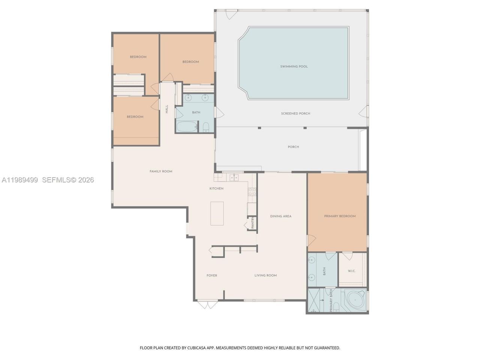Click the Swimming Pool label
coord(294,66)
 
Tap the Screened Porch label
coord(295,114)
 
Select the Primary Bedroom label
coord(340,216)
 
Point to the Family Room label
coord(161,171)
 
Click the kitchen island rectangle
coord(217,213)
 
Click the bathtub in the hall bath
coord(186,127)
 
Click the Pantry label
coord(253,223)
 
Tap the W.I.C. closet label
coord(351,271)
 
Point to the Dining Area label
coord(281,216)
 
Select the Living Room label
coord(265,275)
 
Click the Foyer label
coord(212,275)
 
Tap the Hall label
coord(167,109)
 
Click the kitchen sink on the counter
coord(234,177)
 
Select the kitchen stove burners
coord(252,192)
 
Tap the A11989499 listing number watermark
coord(20,180)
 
